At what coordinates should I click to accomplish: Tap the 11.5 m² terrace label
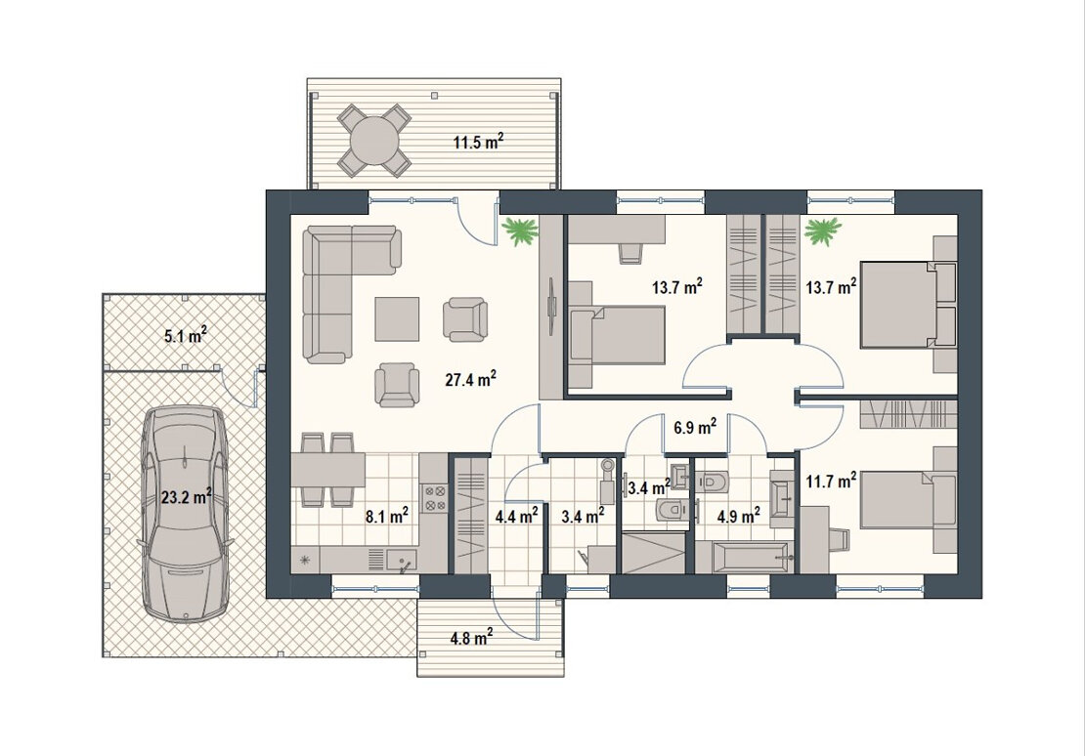click(x=478, y=143)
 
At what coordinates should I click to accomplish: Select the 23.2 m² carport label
click(x=186, y=496)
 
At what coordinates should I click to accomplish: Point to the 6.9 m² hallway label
click(x=695, y=428)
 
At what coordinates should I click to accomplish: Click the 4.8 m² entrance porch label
click(x=471, y=637)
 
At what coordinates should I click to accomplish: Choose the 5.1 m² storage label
click(x=186, y=337)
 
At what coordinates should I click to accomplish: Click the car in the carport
click(x=184, y=515)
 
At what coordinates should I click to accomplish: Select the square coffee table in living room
click(x=397, y=318)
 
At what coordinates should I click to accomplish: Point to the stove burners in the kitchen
click(x=435, y=498)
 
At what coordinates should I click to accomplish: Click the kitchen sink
click(x=401, y=559)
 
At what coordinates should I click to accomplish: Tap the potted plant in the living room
click(x=520, y=231)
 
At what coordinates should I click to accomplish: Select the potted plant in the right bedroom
click(x=823, y=231)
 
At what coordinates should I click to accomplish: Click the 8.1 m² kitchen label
click(x=387, y=516)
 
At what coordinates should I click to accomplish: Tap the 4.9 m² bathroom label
click(x=739, y=516)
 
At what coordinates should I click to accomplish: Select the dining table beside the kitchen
click(x=328, y=470)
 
